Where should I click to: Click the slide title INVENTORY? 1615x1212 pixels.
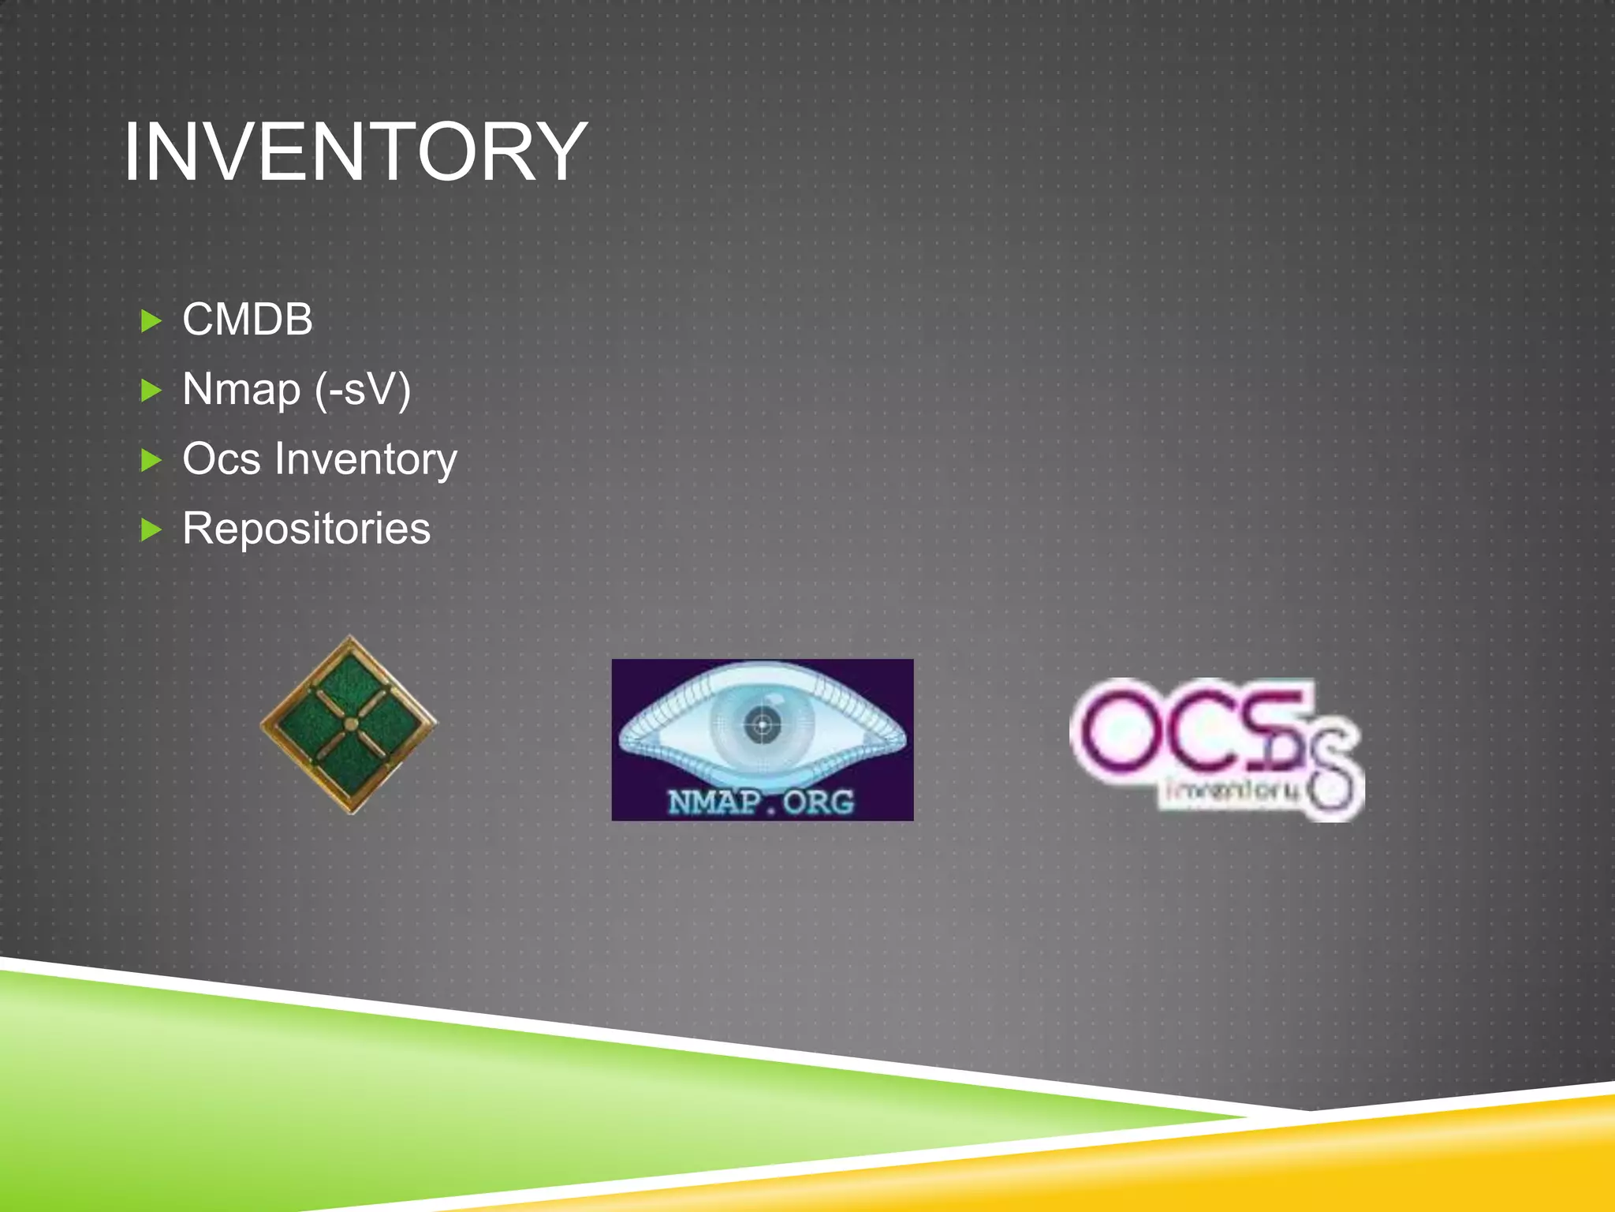coord(355,151)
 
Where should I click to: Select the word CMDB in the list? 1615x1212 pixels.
coord(248,320)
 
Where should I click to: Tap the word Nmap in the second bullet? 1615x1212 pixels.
coord(241,389)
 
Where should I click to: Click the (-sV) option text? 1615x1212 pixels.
coord(363,390)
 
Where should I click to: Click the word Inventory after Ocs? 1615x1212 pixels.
coord(366,460)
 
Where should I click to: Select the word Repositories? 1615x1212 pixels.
coord(306,528)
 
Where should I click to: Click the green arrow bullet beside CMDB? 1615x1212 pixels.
coord(150,321)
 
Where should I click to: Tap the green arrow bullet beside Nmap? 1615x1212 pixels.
coord(150,390)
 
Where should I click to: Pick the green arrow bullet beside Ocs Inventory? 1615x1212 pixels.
coord(150,459)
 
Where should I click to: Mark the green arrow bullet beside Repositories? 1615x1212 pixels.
coord(150,529)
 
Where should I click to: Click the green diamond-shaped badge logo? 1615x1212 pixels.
coord(349,724)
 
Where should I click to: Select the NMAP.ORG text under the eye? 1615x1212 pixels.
coord(761,802)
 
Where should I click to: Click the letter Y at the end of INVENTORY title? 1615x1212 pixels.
coord(558,151)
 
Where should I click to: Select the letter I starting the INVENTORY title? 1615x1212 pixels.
coord(132,151)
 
